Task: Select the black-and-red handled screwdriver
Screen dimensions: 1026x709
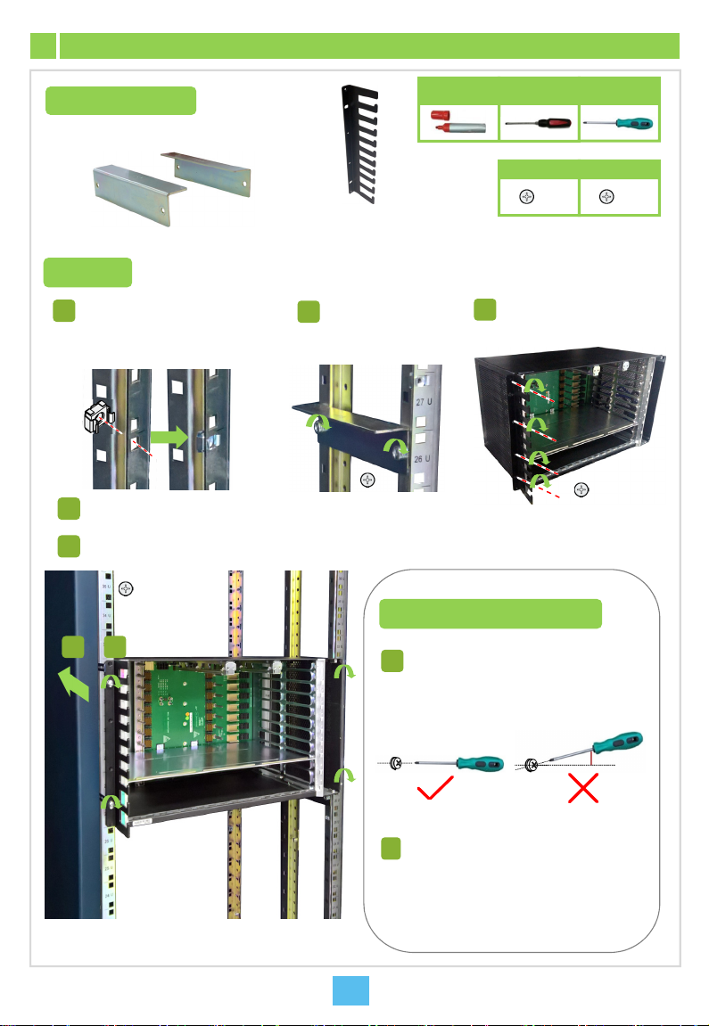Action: tap(538, 123)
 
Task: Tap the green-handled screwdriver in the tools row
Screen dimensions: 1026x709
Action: tap(620, 123)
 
